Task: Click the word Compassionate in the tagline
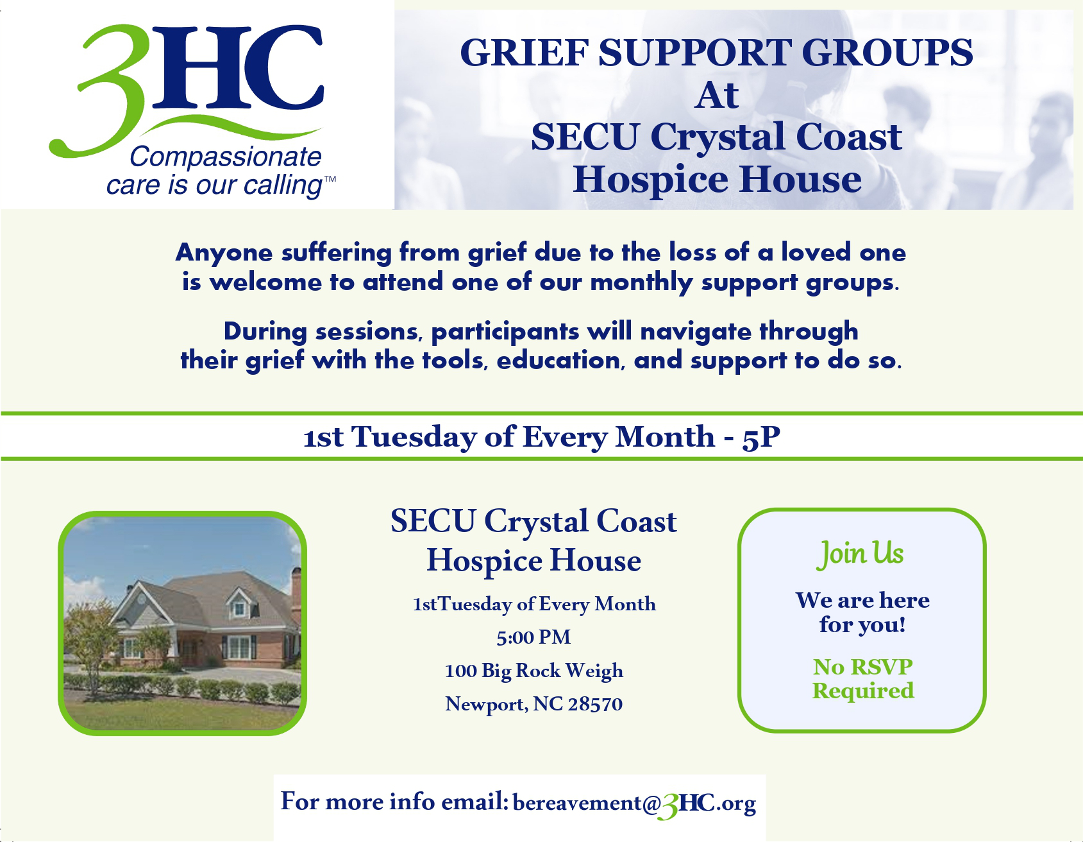tap(226, 157)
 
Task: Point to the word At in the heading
tap(717, 96)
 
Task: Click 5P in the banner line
tap(761, 438)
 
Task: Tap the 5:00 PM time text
tap(533, 637)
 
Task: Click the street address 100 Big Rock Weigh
tap(533, 671)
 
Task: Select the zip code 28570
tap(595, 704)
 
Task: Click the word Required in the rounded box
tap(863, 691)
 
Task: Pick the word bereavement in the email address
tap(577, 803)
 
